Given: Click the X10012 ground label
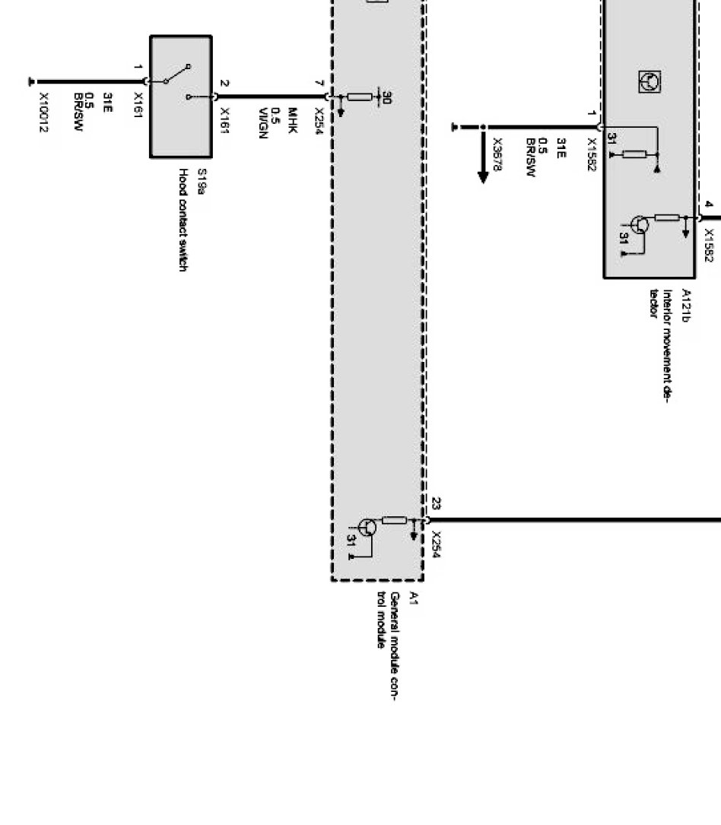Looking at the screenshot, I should point(43,112).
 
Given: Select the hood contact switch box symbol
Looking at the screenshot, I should point(180,96).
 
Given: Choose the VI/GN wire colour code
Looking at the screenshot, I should point(264,119).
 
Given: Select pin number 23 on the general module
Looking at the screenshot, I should point(436,503).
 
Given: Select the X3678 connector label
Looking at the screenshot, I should point(498,154).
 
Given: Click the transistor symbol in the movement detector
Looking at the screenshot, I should point(640,224).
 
